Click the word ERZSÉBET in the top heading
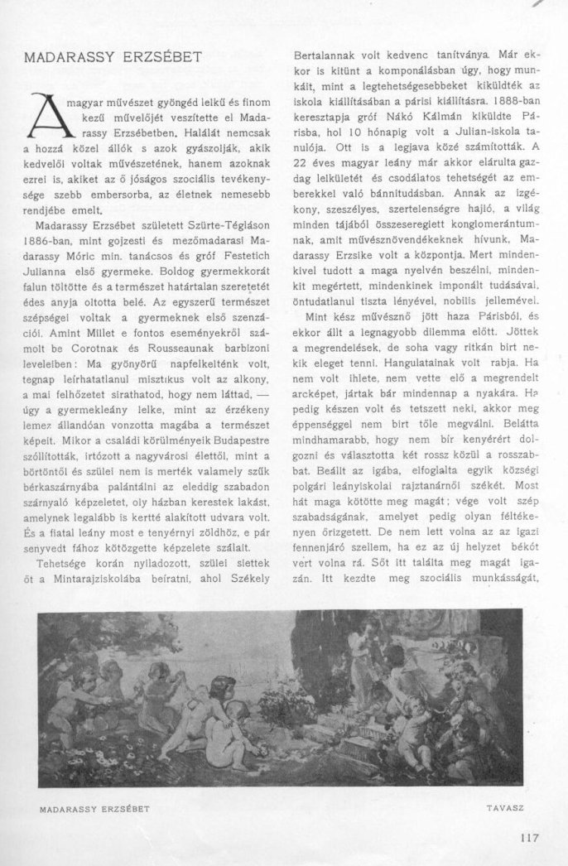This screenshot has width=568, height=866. [x=172, y=60]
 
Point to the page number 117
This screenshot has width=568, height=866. [x=530, y=836]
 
